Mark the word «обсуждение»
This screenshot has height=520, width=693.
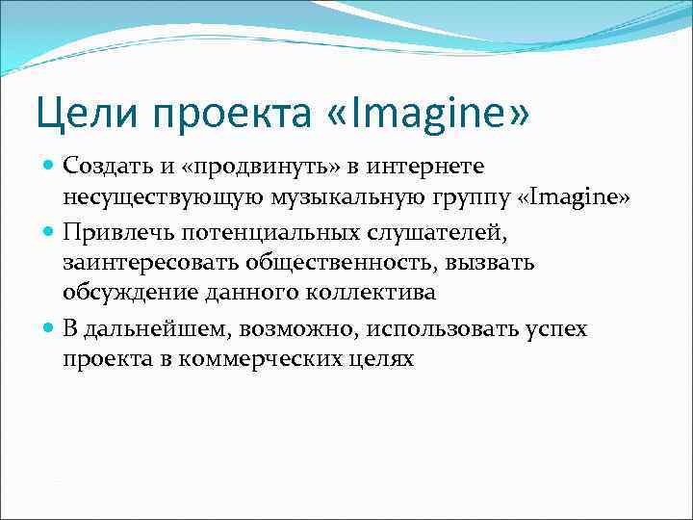(117, 292)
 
